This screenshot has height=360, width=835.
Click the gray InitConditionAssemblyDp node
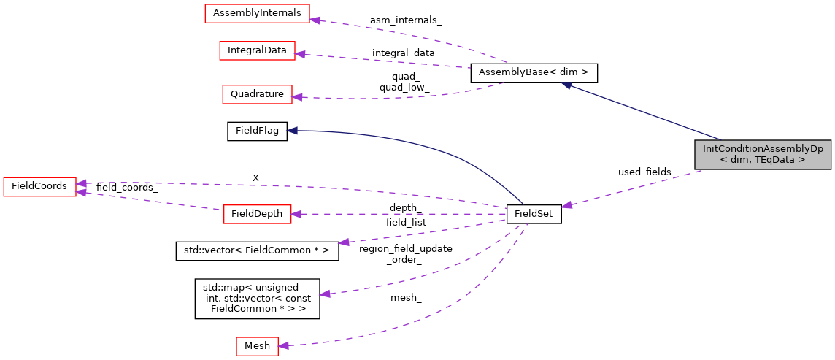pos(763,154)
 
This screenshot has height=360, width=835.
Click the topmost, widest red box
pos(257,13)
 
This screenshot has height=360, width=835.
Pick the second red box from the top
pos(257,50)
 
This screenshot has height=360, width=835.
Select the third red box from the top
pos(257,94)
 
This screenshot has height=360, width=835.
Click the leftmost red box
pos(39,187)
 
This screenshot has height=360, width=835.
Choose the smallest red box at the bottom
pos(257,346)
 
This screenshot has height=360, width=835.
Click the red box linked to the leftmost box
pos(257,214)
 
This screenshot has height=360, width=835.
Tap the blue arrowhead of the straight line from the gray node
pos(566,85)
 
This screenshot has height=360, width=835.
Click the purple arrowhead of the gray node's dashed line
pos(566,205)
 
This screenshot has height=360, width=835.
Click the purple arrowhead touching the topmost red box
pos(315,20)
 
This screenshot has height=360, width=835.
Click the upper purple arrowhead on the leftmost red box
pos(82,183)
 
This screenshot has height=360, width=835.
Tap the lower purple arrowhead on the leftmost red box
pos(82,192)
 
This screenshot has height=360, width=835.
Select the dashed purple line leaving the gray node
pos(635,188)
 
